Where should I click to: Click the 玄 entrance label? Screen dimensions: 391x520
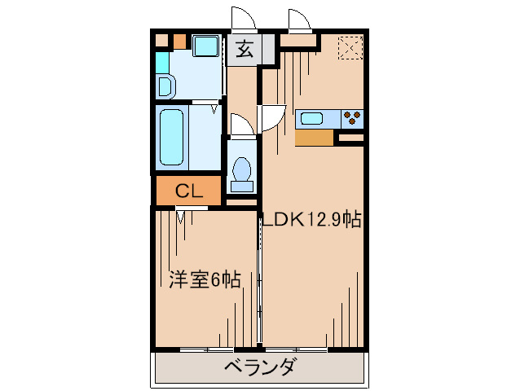244,50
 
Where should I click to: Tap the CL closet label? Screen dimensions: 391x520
189,192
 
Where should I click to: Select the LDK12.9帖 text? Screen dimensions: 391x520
311,219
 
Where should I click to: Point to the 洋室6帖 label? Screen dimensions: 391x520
205,280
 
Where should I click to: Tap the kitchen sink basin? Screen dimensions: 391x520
312,119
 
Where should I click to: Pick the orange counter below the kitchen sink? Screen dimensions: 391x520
315,138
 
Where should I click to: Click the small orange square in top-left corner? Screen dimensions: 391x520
178,41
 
